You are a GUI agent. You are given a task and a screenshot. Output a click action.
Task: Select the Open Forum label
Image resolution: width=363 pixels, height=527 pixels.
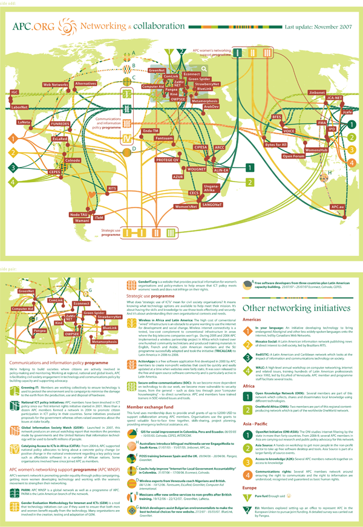tap(293, 156)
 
